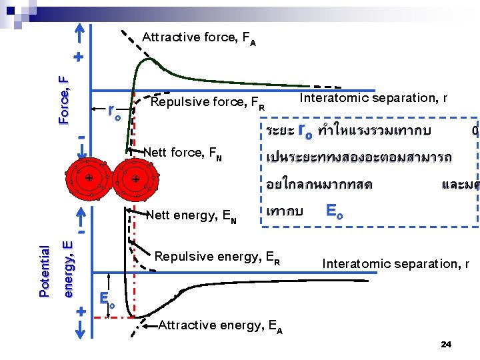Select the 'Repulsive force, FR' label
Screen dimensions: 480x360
208,103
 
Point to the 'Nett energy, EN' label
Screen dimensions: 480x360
191,215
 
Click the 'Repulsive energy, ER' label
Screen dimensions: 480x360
217,256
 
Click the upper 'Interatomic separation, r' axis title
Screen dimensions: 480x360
373,98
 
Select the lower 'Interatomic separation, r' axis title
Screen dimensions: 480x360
396,264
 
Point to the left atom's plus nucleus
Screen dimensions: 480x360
89,178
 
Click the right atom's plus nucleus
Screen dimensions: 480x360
135,179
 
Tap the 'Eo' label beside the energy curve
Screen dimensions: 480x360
107,298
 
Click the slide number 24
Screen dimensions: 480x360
447,345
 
